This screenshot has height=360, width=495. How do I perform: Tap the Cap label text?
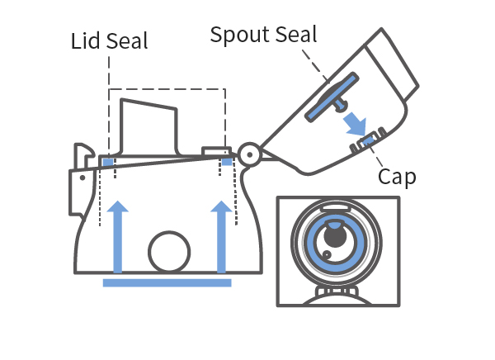[x=397, y=177]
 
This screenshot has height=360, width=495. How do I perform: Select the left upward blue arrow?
[x=118, y=236]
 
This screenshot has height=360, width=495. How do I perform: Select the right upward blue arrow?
[x=221, y=236]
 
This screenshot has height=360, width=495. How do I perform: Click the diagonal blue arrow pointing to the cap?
[x=355, y=124]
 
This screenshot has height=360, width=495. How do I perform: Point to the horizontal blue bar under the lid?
[x=167, y=282]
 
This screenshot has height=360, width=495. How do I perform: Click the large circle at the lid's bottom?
[x=169, y=252]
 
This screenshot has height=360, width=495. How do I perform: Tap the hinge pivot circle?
[x=249, y=154]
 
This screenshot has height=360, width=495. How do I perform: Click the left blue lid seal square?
[x=108, y=163]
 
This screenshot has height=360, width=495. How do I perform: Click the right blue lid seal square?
[x=227, y=162]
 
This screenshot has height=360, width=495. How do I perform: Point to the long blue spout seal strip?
[x=332, y=97]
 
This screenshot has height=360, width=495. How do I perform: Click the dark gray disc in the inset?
[x=335, y=236]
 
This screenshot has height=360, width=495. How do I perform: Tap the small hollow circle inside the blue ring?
[x=327, y=254]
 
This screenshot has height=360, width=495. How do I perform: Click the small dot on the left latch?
[x=82, y=178]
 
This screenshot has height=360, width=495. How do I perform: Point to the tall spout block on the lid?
[x=148, y=127]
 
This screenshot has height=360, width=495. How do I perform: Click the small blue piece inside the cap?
[x=367, y=140]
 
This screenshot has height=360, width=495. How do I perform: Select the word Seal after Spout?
[x=296, y=35]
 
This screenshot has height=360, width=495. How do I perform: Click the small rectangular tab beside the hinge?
[x=216, y=151]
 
